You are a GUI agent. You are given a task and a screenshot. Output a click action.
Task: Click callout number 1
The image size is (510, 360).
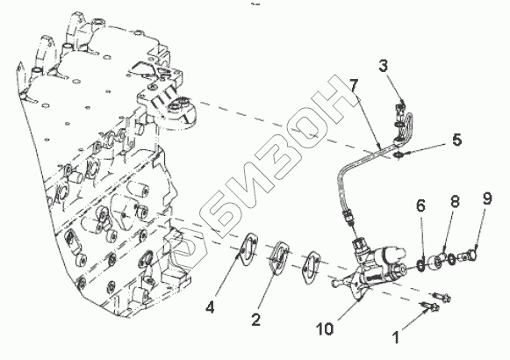click(396, 337)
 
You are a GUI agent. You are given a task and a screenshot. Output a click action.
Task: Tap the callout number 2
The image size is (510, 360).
click(256, 320)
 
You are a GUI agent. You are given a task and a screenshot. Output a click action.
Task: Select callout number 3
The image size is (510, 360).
click(384, 66)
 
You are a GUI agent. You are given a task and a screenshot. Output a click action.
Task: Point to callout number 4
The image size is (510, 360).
click(210, 307)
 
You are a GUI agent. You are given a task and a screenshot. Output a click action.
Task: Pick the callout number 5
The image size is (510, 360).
click(456, 140)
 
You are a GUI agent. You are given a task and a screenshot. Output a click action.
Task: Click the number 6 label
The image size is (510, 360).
click(420, 205)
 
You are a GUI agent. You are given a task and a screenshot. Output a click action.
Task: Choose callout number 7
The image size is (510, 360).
click(354, 85)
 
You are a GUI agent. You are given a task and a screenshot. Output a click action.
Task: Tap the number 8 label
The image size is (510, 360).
click(455, 201)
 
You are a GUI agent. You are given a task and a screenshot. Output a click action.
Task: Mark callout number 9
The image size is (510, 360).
click(487, 198)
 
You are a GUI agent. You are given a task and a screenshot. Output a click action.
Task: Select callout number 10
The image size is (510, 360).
click(325, 329)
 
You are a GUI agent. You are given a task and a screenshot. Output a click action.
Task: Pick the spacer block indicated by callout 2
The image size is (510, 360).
click(278, 257)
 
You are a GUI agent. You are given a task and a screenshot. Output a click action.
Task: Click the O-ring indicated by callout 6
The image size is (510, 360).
click(420, 264)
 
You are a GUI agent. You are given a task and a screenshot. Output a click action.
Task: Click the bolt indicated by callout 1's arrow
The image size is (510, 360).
click(430, 306)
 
